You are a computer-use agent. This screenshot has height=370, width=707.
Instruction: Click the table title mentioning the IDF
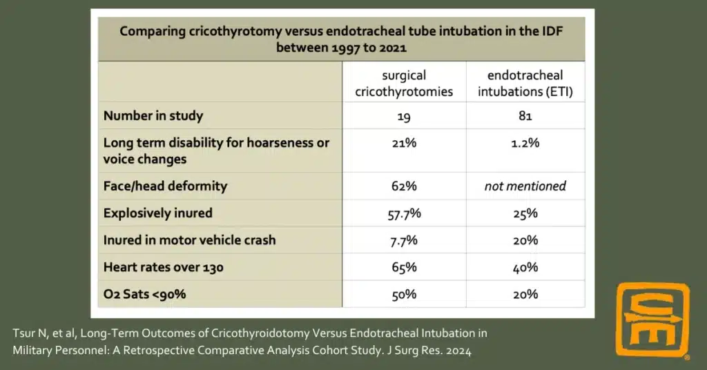[342, 39]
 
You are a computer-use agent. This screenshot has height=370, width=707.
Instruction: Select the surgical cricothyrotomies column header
[404, 82]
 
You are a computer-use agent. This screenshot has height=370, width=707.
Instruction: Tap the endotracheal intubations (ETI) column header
[525, 82]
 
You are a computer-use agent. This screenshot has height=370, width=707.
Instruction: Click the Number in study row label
[153, 115]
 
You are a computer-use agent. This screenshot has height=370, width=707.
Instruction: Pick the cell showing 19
[404, 115]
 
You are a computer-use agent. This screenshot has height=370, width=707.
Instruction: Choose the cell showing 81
[525, 115]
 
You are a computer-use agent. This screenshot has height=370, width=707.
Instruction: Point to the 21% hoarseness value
[404, 143]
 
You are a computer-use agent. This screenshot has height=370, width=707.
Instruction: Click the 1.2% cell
[525, 143]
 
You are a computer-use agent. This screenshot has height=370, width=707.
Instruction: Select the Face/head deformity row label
[165, 186]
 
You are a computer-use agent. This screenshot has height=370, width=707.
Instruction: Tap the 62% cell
[404, 186]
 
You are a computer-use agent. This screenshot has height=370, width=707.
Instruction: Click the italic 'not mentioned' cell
[525, 186]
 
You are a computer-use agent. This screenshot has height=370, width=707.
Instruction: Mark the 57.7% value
[404, 213]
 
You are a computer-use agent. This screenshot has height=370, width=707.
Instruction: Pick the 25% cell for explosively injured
[525, 213]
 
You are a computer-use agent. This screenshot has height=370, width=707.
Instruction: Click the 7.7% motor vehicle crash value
[404, 240]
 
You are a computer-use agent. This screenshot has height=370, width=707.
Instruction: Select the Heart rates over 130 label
[163, 267]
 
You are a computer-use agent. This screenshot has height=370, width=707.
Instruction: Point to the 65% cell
[404, 267]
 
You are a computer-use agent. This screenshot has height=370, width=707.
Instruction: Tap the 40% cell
[525, 267]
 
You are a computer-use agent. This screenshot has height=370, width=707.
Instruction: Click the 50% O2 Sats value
[404, 294]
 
